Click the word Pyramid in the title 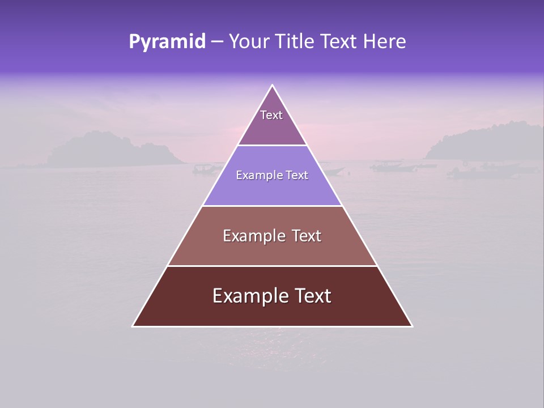tap(167, 42)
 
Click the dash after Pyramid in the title tap(216, 42)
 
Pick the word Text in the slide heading tap(339, 42)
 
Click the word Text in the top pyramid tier tap(271, 115)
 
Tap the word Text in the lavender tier tap(297, 176)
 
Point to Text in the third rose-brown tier tap(307, 236)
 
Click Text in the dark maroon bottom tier tap(311, 296)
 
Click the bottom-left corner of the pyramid tap(133, 326)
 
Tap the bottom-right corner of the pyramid tap(412, 326)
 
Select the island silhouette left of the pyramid tap(108, 150)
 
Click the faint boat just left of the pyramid tap(207, 168)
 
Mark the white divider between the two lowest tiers tap(272, 266)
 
